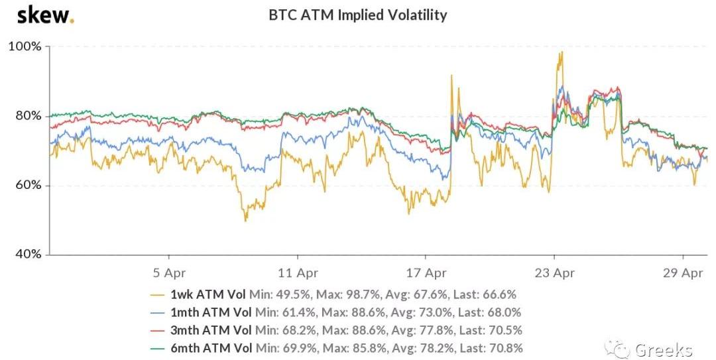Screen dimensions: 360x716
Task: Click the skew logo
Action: [45, 15]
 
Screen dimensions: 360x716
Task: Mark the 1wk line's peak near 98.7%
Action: [562, 52]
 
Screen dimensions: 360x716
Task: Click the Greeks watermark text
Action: [663, 349]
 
